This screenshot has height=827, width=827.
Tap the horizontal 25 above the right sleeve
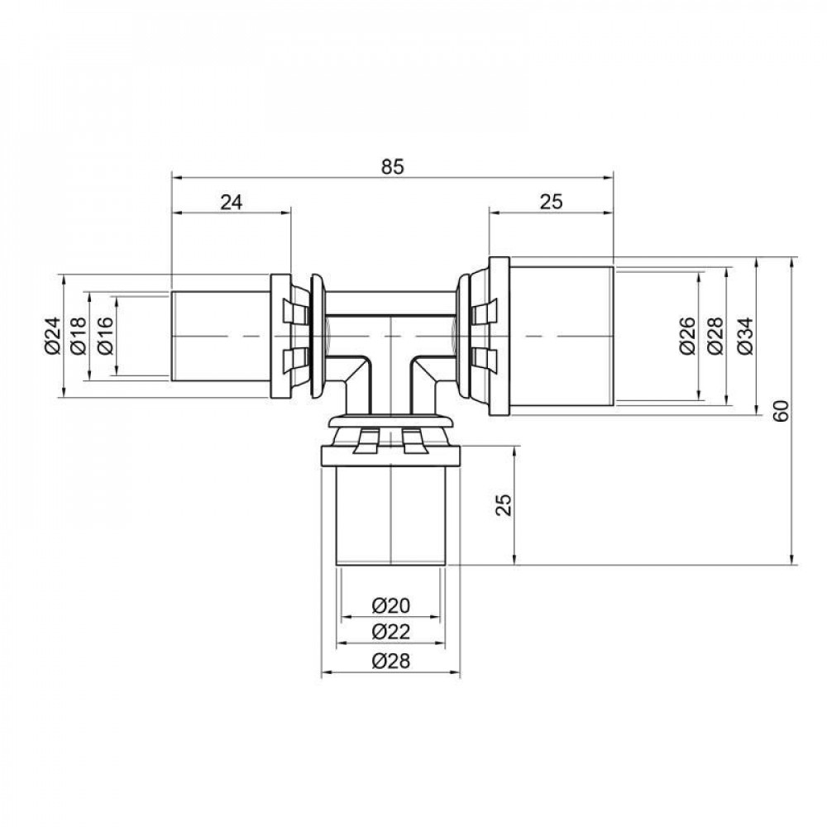[x=551, y=203]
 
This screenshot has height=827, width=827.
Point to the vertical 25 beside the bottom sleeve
[x=504, y=504]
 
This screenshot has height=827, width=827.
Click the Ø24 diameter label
[x=51, y=336]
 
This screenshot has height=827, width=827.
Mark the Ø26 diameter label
[x=686, y=336]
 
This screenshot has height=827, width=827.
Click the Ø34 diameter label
[x=742, y=336]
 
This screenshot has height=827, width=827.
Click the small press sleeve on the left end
[x=222, y=336]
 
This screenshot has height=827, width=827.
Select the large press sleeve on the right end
[x=552, y=336]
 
